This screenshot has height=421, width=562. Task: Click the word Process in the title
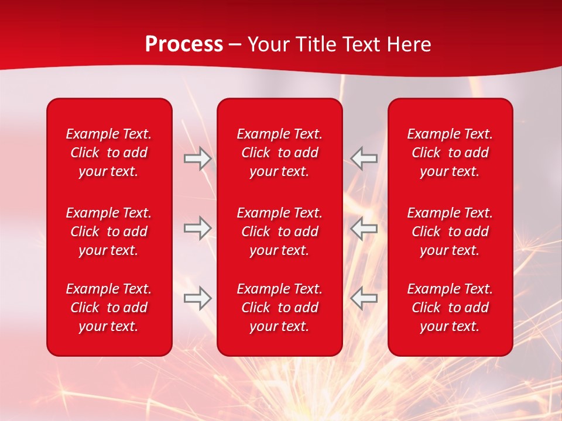pyautogui.click(x=184, y=44)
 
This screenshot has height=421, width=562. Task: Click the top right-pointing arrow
pyautogui.click(x=197, y=158)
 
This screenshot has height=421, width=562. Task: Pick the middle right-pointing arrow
pyautogui.click(x=197, y=229)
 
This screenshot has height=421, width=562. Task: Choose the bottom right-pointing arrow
pyautogui.click(x=197, y=298)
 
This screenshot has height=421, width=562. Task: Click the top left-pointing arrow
pyautogui.click(x=364, y=158)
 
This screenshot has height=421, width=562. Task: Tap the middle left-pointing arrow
pyautogui.click(x=364, y=229)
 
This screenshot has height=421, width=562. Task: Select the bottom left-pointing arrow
pyautogui.click(x=364, y=298)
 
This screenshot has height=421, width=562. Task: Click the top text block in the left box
pyautogui.click(x=109, y=153)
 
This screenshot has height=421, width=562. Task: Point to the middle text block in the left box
pyautogui.click(x=109, y=232)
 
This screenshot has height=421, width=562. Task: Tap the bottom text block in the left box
pyautogui.click(x=109, y=308)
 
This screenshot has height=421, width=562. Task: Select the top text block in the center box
pyautogui.click(x=279, y=153)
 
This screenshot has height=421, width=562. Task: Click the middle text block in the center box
pyautogui.click(x=279, y=232)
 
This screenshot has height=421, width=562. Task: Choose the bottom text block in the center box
pyautogui.click(x=279, y=308)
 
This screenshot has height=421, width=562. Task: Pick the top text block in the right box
pyautogui.click(x=450, y=153)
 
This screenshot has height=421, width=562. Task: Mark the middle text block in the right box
pyautogui.click(x=450, y=232)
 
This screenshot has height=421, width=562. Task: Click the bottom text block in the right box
pyautogui.click(x=450, y=308)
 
